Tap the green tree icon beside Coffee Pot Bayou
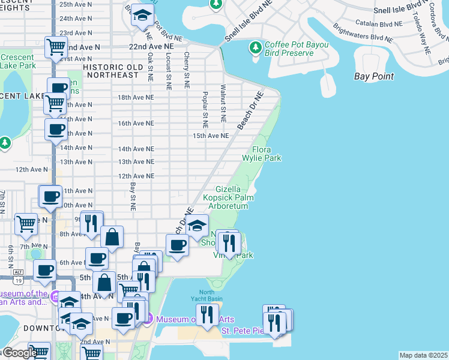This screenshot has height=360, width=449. [x=256, y=47]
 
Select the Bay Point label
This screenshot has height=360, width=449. [x=374, y=76]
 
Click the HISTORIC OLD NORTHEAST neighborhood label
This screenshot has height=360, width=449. [x=120, y=71]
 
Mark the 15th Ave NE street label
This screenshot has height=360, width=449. [x=211, y=136]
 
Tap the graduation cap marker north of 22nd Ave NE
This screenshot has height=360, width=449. [x=142, y=16]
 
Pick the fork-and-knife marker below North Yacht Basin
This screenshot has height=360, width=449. [x=207, y=314]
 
